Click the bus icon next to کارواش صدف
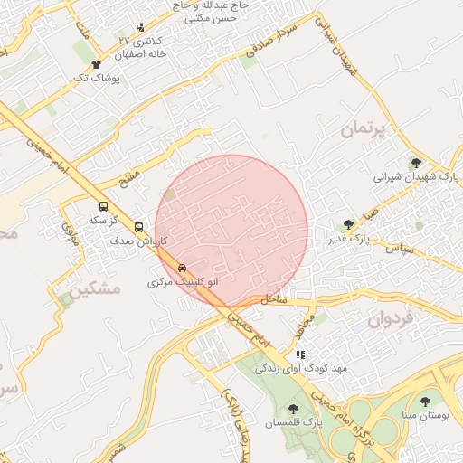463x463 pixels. (x=138, y=227)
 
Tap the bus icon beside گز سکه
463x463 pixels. (x=102, y=206)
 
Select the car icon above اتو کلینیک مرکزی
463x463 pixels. (x=183, y=269)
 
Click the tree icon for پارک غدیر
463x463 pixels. (x=348, y=225)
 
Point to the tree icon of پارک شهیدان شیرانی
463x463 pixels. (x=416, y=163)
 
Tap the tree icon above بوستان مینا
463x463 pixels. (x=425, y=400)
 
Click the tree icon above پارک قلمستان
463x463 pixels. (x=292, y=408)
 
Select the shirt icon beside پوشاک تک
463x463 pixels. (x=97, y=64)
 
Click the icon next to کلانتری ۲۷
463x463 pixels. (x=139, y=28)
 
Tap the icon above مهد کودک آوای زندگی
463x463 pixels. (x=300, y=354)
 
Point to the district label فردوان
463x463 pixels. (x=390, y=318)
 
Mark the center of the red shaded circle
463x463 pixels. (x=231, y=231)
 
